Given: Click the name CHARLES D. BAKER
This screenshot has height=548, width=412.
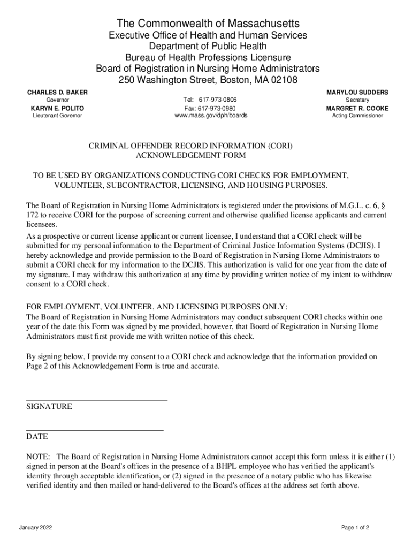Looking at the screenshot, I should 57,93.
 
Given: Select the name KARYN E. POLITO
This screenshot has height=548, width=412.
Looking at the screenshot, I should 57,108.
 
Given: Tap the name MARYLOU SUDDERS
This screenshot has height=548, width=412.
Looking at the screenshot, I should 357,93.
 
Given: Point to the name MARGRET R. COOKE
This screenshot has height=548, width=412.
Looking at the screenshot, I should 357,108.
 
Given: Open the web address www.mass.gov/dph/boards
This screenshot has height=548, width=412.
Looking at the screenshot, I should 211,116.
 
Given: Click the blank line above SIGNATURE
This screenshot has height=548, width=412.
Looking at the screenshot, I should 97,399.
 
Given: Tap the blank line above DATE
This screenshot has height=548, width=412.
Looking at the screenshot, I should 95,429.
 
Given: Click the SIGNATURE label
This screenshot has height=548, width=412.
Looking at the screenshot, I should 49,407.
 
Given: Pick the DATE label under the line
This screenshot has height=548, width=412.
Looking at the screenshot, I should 37,437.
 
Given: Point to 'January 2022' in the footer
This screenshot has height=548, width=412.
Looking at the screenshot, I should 35,528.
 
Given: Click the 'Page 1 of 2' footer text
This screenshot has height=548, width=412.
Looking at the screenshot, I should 355,528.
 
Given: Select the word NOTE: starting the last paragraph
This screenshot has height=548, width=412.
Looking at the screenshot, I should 39,457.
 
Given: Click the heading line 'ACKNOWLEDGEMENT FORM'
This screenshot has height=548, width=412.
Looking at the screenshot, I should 191,155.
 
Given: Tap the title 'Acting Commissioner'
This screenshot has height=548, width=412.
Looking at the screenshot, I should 357,116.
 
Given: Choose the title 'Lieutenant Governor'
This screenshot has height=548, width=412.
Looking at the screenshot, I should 57,116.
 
